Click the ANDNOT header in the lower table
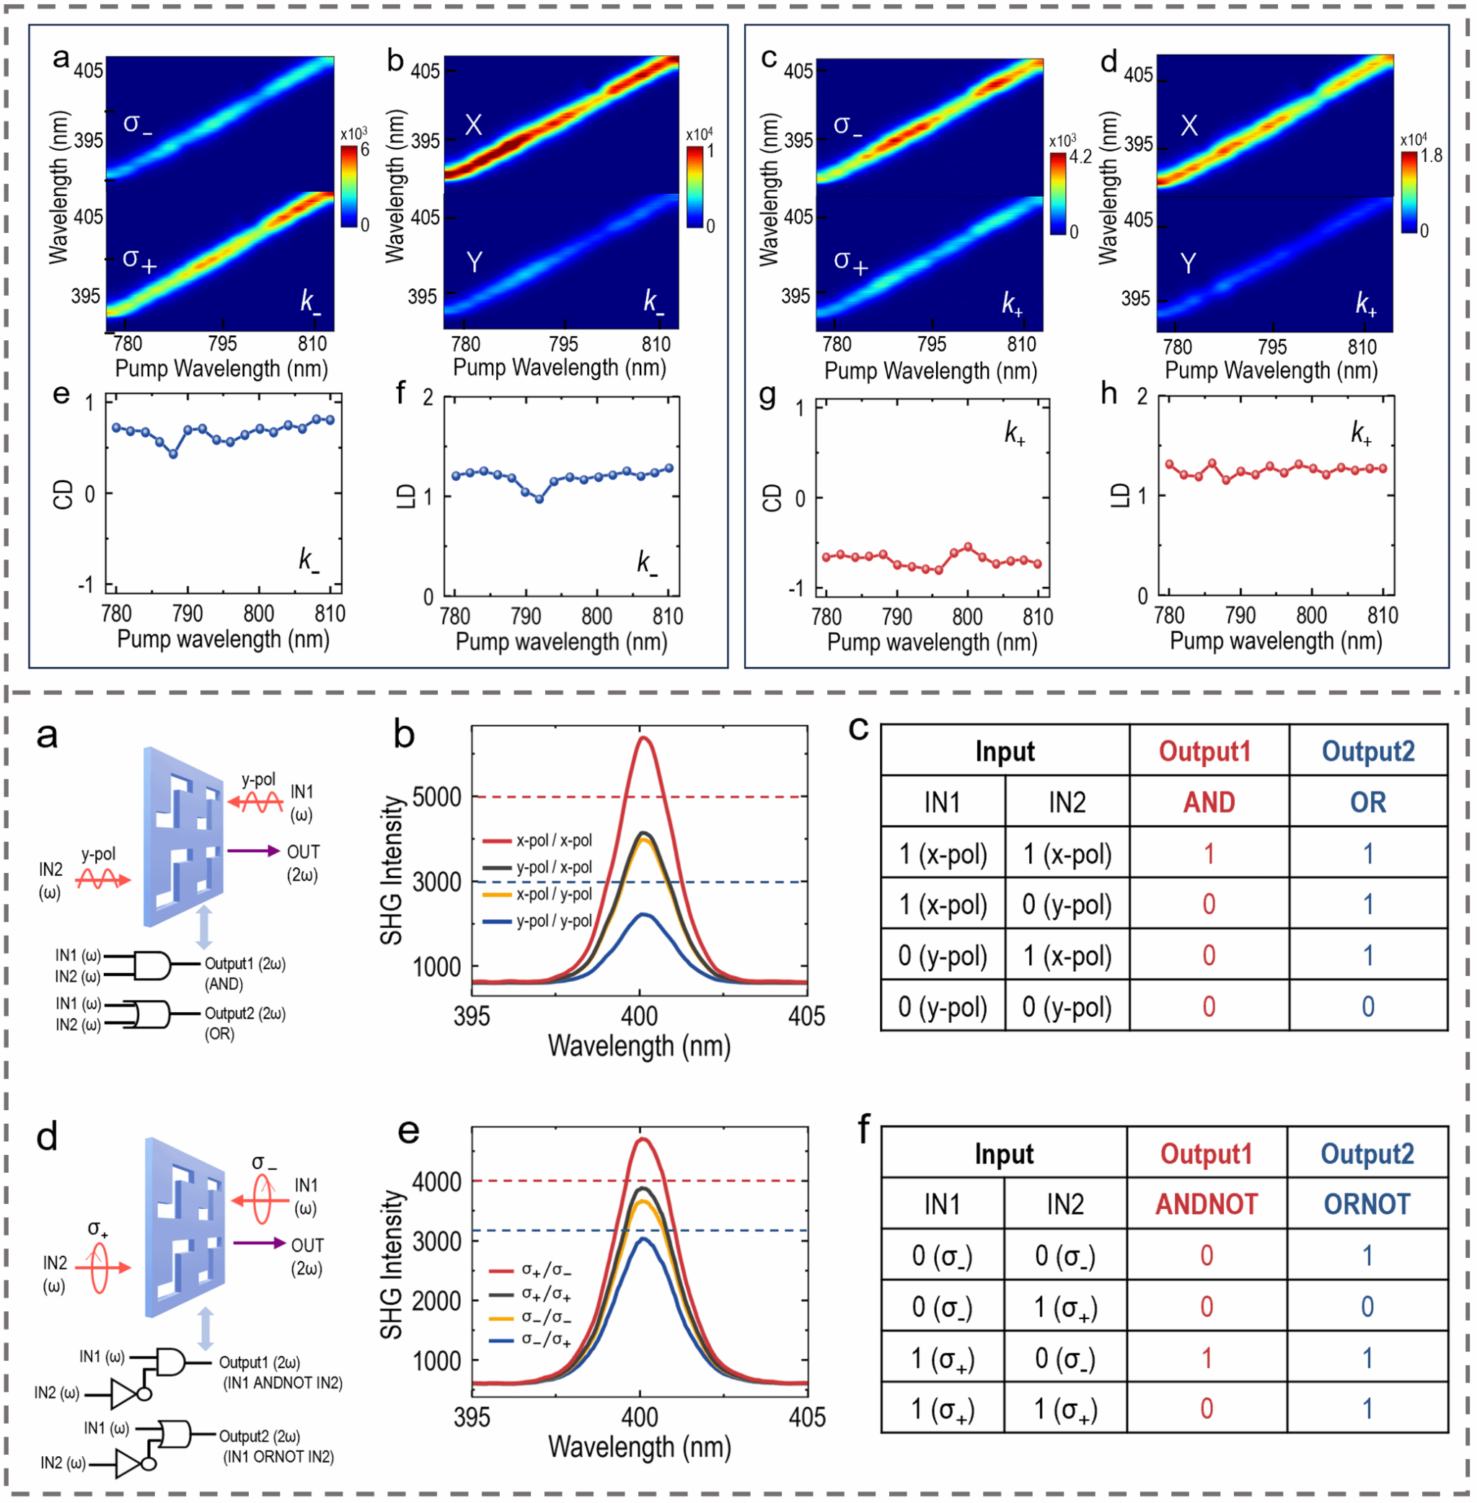coord(1207,1204)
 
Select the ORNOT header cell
coord(1367,1204)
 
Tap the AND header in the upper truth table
coord(1209,802)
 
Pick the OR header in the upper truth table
coord(1367,802)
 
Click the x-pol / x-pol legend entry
coord(537,840)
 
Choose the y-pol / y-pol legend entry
coord(537,921)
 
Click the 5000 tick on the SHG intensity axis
coord(437,797)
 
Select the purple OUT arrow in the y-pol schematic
coord(254,851)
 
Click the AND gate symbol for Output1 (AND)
coord(151,965)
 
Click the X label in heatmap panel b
coord(473,125)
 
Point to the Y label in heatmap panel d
coord(1188,264)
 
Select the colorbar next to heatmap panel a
coord(349,186)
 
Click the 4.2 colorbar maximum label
coord(1080,156)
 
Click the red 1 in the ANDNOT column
coord(1207,1358)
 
